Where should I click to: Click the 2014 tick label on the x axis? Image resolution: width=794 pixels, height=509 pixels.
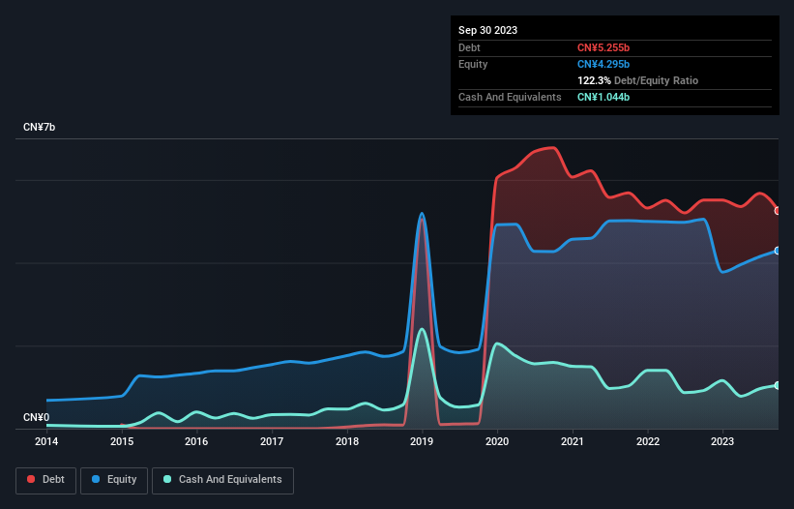(46, 441)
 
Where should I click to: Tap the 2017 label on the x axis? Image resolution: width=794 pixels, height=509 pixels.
(272, 441)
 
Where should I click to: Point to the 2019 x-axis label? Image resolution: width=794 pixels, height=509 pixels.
(422, 441)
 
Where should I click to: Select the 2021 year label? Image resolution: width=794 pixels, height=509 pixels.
(573, 441)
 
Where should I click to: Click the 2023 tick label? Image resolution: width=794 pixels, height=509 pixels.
(722, 441)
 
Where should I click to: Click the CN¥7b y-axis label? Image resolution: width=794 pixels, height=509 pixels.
(40, 128)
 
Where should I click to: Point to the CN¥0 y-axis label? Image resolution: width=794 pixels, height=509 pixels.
(37, 418)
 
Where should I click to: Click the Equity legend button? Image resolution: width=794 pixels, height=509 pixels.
(114, 479)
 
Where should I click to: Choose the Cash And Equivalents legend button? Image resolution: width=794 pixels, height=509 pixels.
(221, 479)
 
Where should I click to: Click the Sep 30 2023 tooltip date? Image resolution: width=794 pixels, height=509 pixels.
(487, 30)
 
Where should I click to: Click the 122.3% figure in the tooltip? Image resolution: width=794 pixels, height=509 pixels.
(594, 80)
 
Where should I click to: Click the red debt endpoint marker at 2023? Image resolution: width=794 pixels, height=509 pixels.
(778, 210)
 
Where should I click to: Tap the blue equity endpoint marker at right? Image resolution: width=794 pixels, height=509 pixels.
(778, 250)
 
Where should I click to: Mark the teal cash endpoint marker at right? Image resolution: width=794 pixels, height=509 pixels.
(778, 385)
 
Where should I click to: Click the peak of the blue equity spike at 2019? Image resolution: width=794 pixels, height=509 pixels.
(422, 214)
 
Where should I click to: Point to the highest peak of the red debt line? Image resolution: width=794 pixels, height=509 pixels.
(551, 148)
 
